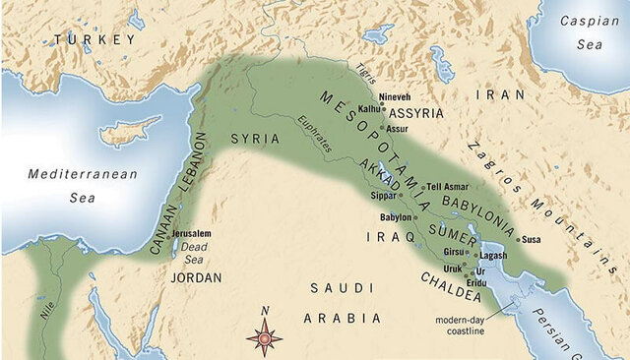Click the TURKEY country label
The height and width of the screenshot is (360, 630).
[x=95, y=39]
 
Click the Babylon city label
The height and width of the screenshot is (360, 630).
[x=395, y=217]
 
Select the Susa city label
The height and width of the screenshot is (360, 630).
[x=531, y=239]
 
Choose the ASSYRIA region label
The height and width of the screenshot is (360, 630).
[x=416, y=113]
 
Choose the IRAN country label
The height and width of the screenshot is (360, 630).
[x=496, y=95]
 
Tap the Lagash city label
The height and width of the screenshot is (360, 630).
[x=492, y=255]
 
